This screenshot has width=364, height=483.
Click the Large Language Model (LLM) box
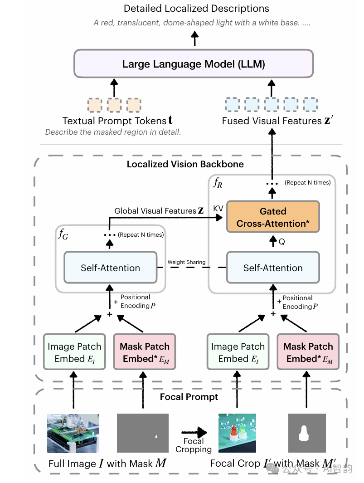[194, 63]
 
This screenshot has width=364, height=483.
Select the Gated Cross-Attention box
[273, 217]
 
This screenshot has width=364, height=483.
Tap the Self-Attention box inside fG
[111, 268]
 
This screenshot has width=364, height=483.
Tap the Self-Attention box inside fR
[273, 268]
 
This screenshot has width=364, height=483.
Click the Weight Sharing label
[186, 262]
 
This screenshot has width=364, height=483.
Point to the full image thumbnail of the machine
[73, 433]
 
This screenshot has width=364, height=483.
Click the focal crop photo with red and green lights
[237, 433]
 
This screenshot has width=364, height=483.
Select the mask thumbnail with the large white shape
[307, 433]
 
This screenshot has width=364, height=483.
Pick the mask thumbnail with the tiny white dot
[143, 433]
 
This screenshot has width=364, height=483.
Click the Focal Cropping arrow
[194, 433]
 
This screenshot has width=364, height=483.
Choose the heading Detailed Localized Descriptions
[196, 9]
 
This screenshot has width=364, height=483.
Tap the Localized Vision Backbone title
[185, 164]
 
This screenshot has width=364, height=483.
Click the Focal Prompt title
[189, 397]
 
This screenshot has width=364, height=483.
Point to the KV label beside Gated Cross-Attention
[218, 208]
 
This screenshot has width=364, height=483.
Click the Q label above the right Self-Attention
[281, 242]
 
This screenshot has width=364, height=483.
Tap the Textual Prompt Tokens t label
[117, 121]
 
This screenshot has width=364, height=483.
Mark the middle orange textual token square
[114, 105]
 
